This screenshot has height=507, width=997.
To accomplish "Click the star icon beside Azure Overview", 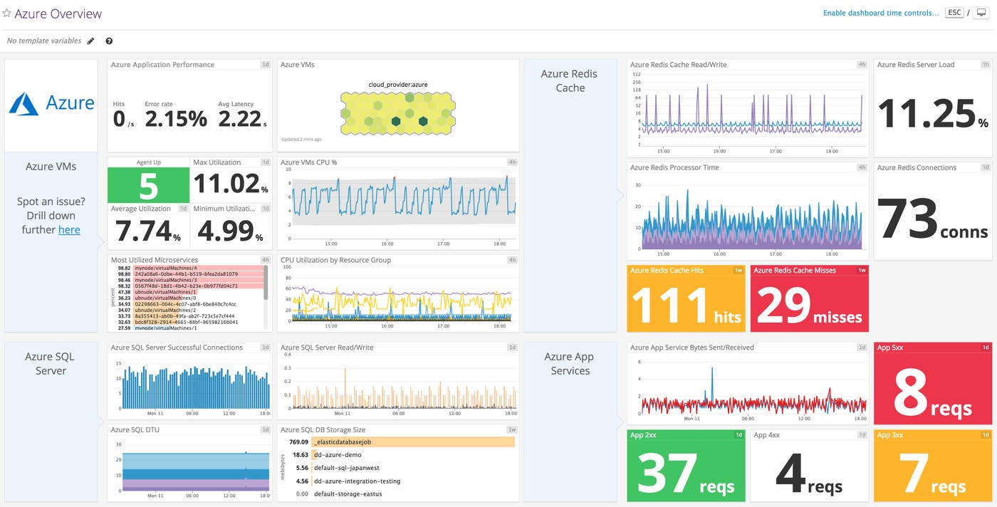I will tap(7, 14).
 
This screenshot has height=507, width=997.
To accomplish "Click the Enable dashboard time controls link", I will tap(880, 13).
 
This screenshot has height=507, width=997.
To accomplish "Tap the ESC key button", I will tap(954, 13).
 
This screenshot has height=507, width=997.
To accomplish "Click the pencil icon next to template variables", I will tap(90, 41).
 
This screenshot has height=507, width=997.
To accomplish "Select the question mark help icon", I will tap(109, 41).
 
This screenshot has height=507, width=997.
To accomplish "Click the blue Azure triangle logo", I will tap(24, 104).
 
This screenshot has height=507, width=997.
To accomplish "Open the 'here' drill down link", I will tap(69, 229).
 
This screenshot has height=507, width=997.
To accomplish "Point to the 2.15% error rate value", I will tap(175, 119).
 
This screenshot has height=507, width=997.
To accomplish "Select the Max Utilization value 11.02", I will tap(226, 184).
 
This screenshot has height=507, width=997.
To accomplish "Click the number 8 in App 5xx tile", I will tap(910, 392).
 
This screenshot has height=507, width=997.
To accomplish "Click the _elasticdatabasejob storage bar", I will tap(413, 441).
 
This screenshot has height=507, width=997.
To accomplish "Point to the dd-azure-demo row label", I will tap(338, 455).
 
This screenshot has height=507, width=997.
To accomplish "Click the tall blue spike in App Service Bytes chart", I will tap(711, 385).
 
